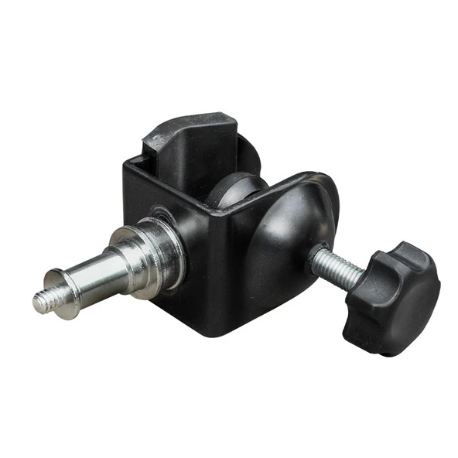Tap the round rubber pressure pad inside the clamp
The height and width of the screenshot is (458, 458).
236,190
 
